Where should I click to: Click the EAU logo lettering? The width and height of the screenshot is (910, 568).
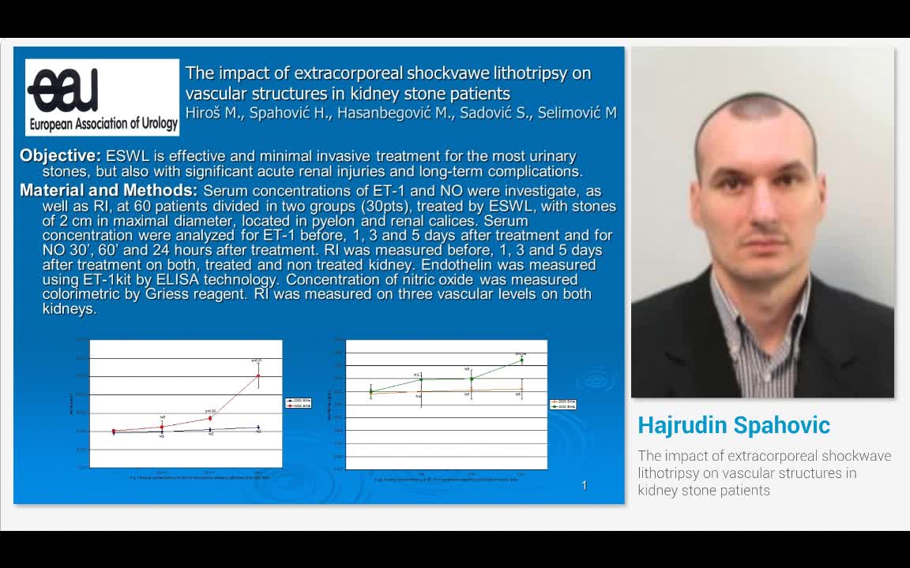click(x=63, y=90)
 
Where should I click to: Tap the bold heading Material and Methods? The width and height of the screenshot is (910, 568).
click(x=108, y=190)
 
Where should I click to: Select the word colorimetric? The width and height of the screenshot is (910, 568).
click(x=79, y=294)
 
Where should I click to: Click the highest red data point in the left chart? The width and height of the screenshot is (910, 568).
click(x=258, y=375)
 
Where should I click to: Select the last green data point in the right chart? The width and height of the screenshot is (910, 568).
click(x=521, y=360)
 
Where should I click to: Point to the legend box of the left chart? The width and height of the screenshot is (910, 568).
click(x=299, y=403)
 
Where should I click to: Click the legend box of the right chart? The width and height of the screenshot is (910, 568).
click(x=562, y=404)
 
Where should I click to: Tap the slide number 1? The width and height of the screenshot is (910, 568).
click(x=584, y=485)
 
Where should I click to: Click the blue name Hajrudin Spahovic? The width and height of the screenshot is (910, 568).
click(x=734, y=425)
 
